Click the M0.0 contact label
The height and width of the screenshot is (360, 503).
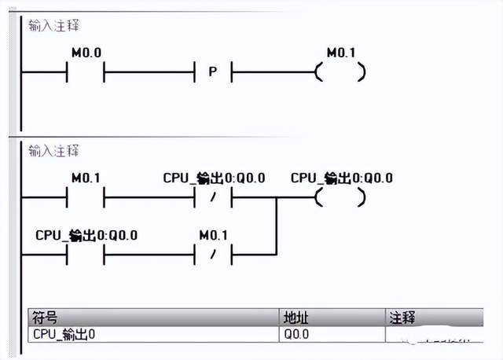click(x=86, y=53)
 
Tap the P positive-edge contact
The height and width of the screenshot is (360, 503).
click(x=212, y=72)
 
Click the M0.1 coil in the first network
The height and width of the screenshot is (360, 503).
click(x=340, y=72)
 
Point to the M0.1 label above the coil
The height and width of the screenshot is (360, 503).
click(x=340, y=53)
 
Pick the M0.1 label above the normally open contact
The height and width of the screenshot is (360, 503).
click(x=86, y=178)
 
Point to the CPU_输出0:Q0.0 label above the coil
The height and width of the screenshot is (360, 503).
click(x=341, y=178)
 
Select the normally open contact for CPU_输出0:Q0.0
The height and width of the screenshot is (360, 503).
click(x=86, y=255)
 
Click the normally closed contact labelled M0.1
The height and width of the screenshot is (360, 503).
click(x=212, y=255)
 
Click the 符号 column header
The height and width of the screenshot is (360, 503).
click(x=44, y=318)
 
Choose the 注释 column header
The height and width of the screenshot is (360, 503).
click(x=402, y=318)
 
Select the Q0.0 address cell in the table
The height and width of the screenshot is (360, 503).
click(x=297, y=334)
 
